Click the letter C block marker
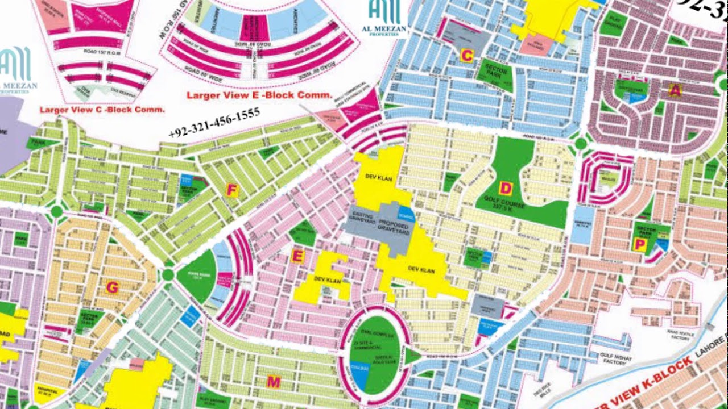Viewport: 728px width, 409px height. (x=466, y=56)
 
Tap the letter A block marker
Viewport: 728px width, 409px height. (x=675, y=90)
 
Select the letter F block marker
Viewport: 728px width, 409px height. (x=231, y=190)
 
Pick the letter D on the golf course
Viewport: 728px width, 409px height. (x=504, y=188)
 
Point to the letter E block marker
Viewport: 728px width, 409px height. (x=297, y=257)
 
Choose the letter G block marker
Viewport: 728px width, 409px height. (x=112, y=288)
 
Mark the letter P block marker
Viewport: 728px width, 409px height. (x=639, y=244)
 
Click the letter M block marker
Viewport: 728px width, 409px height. (x=274, y=382)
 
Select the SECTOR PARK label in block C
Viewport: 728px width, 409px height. (x=492, y=72)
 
